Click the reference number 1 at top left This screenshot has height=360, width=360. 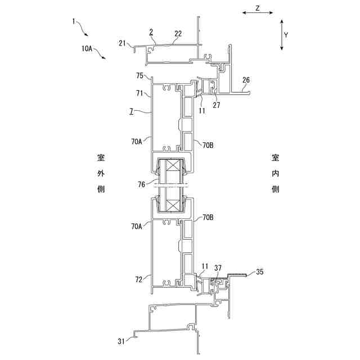[74, 21]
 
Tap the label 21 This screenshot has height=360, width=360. [123, 43]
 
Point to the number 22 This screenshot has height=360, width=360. [178, 34]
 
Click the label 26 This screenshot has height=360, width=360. [245, 80]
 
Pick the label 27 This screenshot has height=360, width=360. [217, 105]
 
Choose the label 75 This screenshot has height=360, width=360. [140, 75]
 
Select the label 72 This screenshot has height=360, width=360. [140, 278]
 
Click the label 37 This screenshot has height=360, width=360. [217, 268]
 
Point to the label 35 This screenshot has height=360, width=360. [259, 272]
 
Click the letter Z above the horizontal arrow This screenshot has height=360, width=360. [257, 8]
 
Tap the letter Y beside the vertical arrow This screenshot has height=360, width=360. [286, 34]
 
